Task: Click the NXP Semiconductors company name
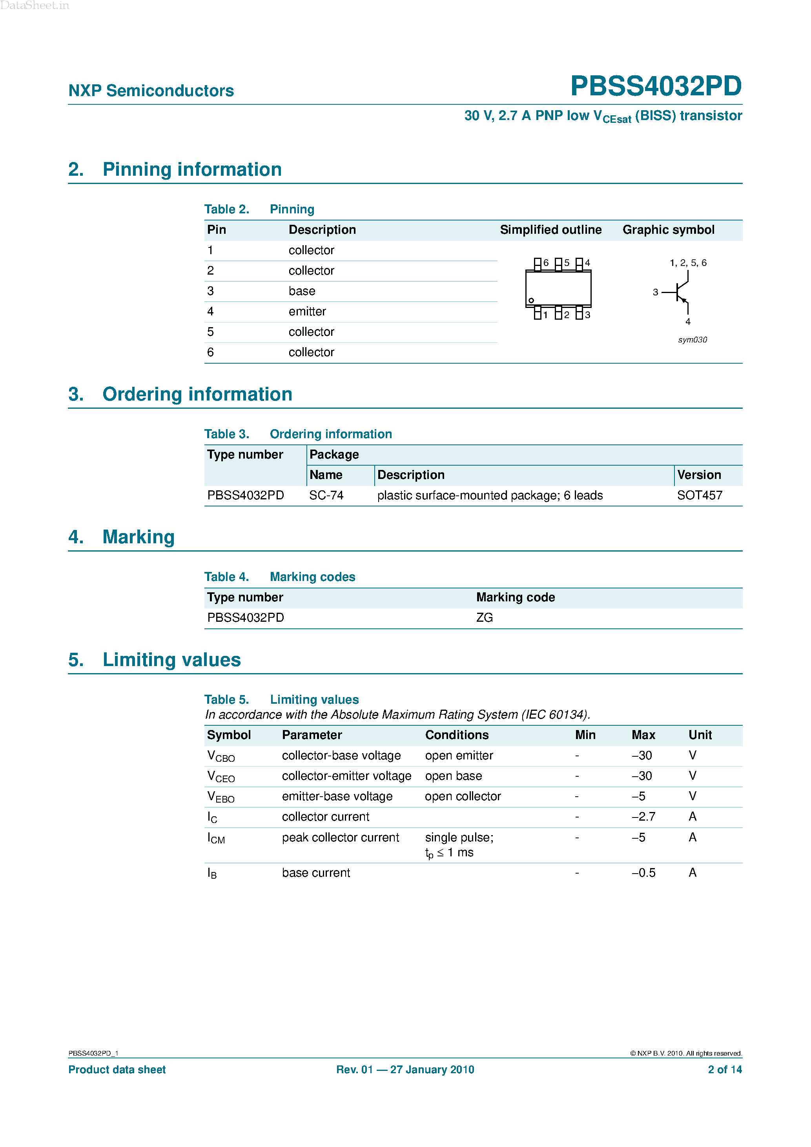click(x=151, y=91)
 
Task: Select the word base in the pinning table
click(x=302, y=291)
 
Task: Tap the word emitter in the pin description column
click(x=307, y=312)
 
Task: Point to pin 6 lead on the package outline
click(x=538, y=263)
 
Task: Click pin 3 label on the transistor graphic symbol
click(x=655, y=292)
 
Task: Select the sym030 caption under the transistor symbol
click(x=692, y=340)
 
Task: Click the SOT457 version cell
click(x=699, y=495)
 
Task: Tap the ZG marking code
click(x=484, y=618)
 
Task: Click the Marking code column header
click(x=515, y=597)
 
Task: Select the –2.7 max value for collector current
click(x=643, y=817)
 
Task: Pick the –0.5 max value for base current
click(x=643, y=873)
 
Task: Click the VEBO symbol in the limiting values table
click(x=221, y=797)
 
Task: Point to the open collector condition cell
click(x=462, y=796)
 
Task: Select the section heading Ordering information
click(x=197, y=395)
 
